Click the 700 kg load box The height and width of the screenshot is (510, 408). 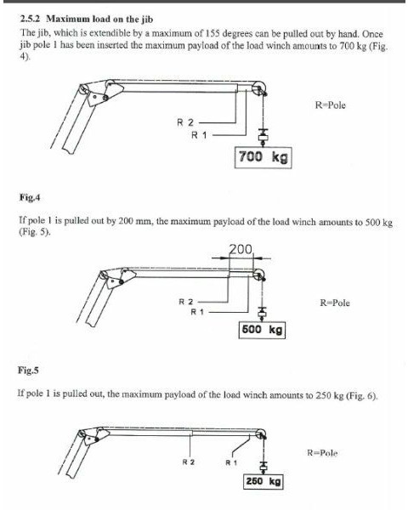tap(263, 157)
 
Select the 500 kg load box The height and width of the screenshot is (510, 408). tap(262, 330)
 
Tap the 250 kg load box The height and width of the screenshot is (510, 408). tap(263, 481)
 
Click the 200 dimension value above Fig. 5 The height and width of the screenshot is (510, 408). tap(241, 249)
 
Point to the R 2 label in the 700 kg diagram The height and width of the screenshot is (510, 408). tap(185, 122)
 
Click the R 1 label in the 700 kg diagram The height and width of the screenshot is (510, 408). tap(199, 135)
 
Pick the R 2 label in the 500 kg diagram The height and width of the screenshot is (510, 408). tap(186, 302)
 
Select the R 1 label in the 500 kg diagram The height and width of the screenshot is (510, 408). tap(197, 312)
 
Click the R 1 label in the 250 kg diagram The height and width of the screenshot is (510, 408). tap(231, 462)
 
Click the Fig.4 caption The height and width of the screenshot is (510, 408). tap(30, 197)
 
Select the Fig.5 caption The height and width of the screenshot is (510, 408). tap(28, 370)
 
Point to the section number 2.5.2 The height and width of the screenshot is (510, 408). tap(30, 19)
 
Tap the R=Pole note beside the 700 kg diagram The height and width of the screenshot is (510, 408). tap(331, 105)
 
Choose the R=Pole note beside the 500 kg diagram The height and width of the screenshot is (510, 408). tap(335, 303)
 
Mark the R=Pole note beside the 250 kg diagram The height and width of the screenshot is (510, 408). tap(322, 453)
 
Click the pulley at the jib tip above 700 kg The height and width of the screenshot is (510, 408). tap(259, 88)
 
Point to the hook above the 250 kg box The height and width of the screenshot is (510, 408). tap(263, 467)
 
